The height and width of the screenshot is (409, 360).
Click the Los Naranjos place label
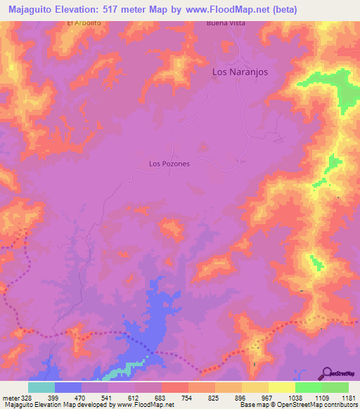coord(240,72)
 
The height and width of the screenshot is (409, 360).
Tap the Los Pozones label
coord(169,164)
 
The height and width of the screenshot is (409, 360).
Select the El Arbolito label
coord(84,23)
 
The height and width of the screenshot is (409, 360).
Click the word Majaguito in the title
coord(34,10)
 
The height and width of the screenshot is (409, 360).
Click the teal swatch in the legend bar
coord(41,387)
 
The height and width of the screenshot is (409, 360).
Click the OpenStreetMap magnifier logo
coord(328,372)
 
